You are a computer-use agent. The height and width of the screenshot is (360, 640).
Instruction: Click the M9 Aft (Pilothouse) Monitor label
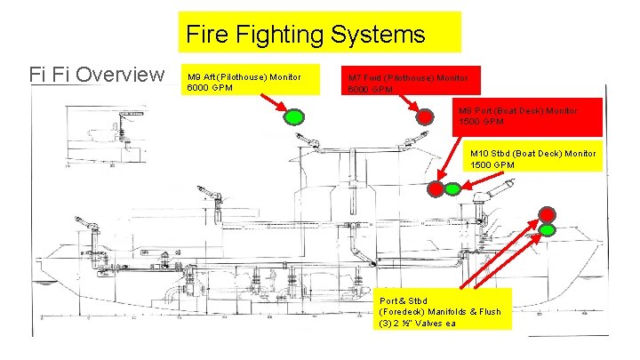click(243, 77)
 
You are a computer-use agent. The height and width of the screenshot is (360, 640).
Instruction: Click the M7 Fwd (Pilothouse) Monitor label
click(410, 77)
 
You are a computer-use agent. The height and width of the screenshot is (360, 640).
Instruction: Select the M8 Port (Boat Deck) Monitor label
click(517, 110)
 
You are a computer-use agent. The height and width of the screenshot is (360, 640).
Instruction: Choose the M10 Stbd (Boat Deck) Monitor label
click(533, 154)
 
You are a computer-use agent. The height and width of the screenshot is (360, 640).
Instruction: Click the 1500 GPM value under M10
click(492, 165)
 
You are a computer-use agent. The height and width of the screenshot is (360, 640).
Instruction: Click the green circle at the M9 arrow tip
click(294, 116)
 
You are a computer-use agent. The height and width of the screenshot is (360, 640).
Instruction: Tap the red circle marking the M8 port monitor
click(436, 188)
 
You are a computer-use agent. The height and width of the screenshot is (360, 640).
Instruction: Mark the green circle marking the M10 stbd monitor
click(452, 188)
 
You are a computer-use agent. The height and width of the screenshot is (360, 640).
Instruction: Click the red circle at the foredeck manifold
click(548, 213)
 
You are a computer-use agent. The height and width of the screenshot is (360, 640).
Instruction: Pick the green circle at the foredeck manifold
click(548, 229)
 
